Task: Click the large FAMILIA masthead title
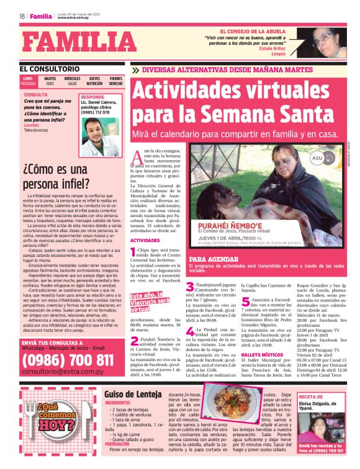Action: (72, 43)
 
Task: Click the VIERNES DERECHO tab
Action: (115, 81)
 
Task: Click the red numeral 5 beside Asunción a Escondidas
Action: (246, 302)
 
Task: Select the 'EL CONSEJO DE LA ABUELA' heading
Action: (251, 30)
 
